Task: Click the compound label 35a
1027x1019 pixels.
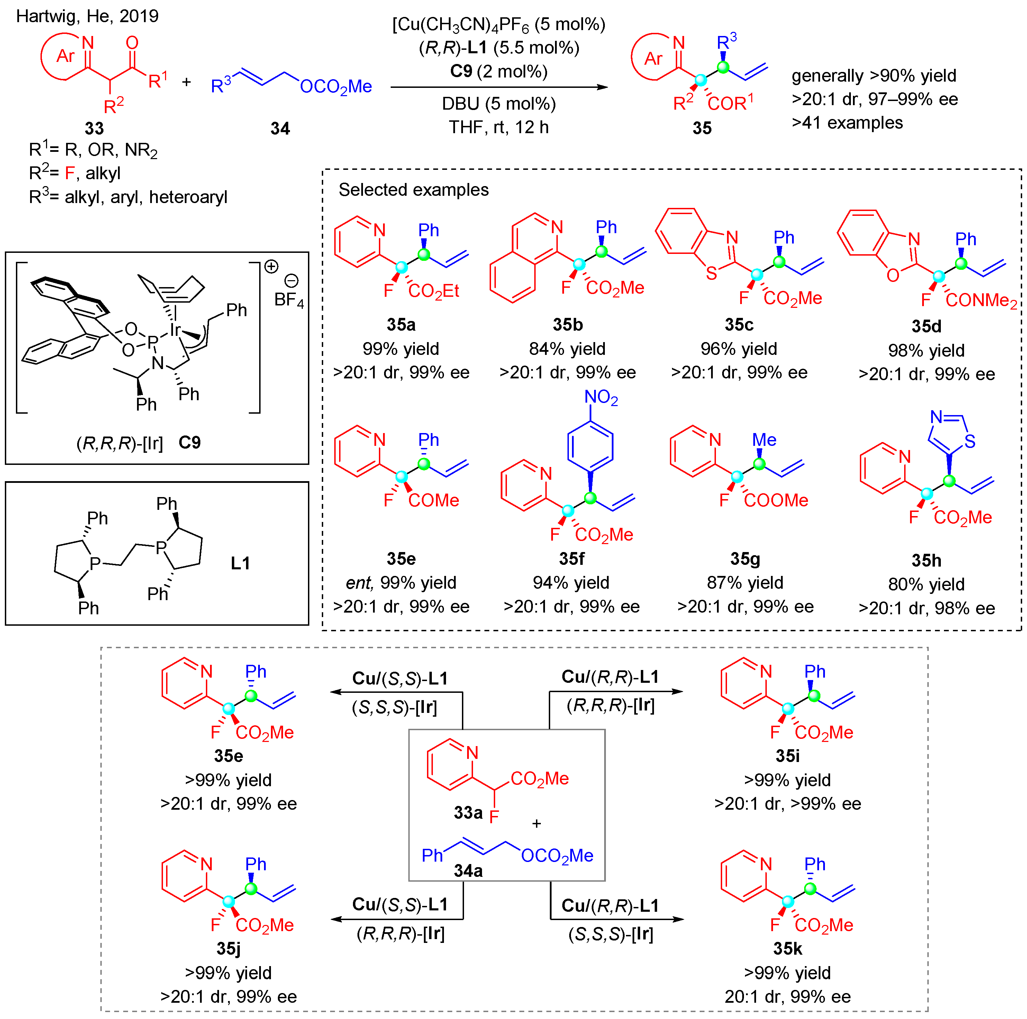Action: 401,324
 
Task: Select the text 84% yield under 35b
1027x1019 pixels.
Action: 567,349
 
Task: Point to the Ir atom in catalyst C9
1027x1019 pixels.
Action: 175,330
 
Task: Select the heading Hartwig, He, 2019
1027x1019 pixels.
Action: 87,16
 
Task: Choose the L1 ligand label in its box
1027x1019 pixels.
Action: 240,563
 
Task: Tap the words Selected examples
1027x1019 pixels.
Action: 413,190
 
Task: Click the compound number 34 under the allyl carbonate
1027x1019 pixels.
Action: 280,129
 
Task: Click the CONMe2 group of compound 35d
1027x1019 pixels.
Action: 981,300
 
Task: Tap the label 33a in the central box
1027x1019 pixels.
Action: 468,813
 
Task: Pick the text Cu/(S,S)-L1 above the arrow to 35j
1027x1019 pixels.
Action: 400,904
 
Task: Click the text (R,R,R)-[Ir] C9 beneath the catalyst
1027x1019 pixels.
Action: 138,442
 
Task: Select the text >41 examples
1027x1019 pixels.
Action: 847,123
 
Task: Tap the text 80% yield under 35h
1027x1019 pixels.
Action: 926,585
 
